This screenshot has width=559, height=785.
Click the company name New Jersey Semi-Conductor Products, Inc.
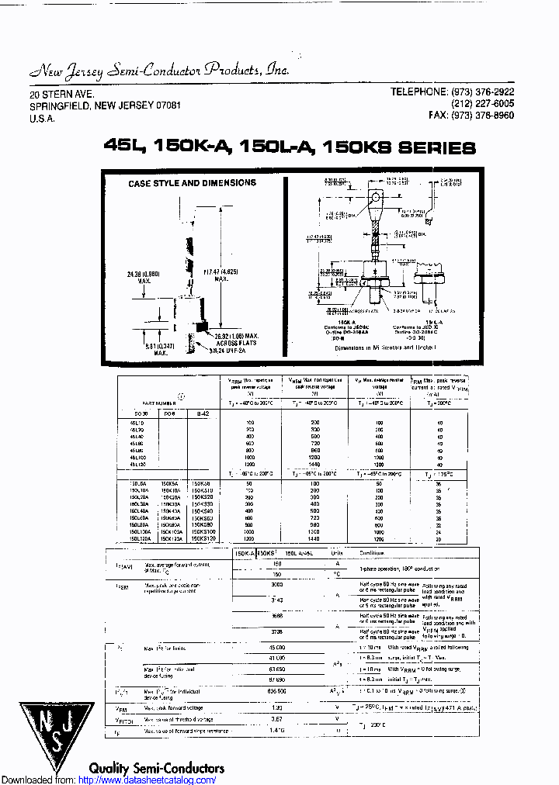click(159, 70)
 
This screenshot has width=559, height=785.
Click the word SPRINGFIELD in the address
click(61, 105)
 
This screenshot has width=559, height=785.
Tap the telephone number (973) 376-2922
click(481, 92)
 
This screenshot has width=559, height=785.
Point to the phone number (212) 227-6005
click(482, 104)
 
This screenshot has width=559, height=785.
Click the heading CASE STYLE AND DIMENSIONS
click(192, 183)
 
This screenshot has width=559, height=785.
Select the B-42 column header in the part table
click(202, 414)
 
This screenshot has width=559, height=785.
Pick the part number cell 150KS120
click(203, 538)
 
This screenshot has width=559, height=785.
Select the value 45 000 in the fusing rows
click(276, 648)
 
